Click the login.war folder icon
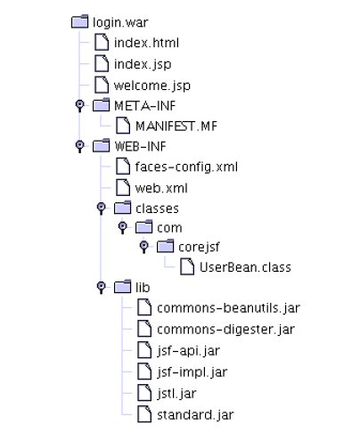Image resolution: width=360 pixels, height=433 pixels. coord(80,21)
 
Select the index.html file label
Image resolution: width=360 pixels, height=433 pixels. coord(146,43)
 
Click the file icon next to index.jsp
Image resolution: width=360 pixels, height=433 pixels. coord(102,64)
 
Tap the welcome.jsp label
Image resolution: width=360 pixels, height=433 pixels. coord(152,86)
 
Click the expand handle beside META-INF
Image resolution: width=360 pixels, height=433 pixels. coord(79,105)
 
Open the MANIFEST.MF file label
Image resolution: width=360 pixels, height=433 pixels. coord(176,127)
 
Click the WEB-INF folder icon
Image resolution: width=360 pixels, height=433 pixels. coord(101,145)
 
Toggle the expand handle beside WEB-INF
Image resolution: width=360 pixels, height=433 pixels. coord(79,146)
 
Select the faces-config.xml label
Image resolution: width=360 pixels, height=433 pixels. coord(186,167)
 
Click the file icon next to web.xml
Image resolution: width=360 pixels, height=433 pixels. coord(123,187)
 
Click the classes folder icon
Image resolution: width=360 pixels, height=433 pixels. coord(122,208)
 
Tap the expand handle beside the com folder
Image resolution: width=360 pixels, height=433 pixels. coord(122,227)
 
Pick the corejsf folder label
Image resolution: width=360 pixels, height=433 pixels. coord(199,247)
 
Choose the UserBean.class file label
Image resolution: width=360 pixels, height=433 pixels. coord(245,267)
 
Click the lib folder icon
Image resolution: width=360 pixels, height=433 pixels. coord(122,287)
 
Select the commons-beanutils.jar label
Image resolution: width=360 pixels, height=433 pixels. coord(228,308)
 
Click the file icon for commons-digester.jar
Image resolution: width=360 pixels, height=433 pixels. coord(144,329)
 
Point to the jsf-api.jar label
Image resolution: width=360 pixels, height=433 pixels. coord(188,351)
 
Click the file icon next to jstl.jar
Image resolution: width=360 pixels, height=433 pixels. coord(144,393)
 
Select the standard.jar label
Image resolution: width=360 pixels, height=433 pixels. coord(195,415)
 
